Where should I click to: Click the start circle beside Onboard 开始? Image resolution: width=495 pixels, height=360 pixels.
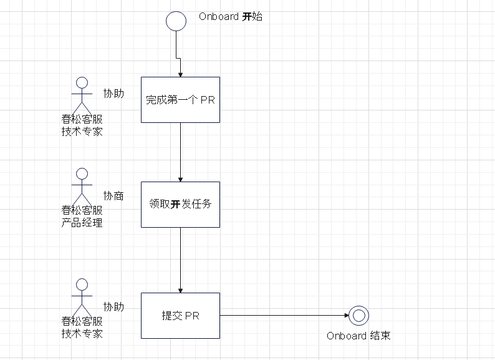point(176,21)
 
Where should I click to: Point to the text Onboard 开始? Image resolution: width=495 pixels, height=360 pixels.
point(230,17)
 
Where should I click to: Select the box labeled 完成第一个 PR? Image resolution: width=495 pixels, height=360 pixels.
point(180,100)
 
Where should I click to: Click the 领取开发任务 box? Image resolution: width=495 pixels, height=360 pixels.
point(180,204)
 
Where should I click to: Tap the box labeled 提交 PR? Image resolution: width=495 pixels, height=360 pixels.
point(180,316)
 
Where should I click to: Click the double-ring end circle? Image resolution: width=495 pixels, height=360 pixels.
point(358,316)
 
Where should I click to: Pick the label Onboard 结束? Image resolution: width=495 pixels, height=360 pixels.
point(358,336)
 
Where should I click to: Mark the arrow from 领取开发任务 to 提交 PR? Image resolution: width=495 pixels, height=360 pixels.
point(180,260)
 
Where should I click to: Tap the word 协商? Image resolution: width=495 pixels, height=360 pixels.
point(113,196)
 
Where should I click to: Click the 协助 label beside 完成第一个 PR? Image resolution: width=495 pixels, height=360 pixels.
point(113,94)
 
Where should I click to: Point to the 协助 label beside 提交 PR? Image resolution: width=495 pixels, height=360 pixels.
point(113,306)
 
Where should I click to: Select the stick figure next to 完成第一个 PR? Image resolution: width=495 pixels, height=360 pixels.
point(80,94)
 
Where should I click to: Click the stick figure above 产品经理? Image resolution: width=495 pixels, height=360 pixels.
point(80,185)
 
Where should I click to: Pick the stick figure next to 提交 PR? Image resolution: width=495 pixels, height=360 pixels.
point(80,297)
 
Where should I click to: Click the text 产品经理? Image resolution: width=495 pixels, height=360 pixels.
point(82,222)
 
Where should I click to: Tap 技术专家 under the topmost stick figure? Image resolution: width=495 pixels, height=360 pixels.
point(82,131)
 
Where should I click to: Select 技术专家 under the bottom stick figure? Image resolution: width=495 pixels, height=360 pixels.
point(82,333)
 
